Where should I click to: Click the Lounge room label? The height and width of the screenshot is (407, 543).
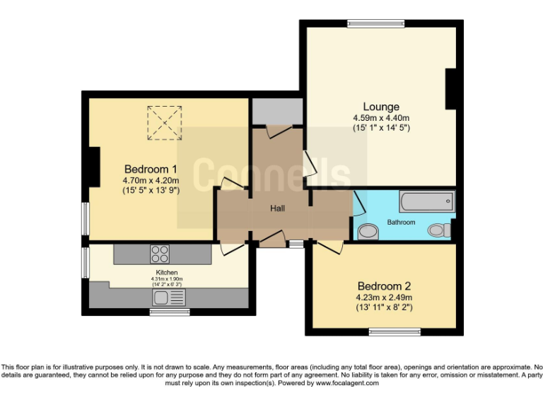pos(381,107)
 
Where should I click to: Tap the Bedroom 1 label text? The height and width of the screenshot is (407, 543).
pos(150,169)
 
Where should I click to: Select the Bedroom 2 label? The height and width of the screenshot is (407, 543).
pos(384,286)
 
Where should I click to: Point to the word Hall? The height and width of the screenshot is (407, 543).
pos(277,208)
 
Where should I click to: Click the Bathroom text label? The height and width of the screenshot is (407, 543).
pos(401,222)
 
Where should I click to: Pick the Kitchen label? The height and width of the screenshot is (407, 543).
pos(167,272)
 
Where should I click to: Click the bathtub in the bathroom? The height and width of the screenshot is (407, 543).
pos(426,202)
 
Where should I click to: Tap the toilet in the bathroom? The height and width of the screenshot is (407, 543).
pos(438,230)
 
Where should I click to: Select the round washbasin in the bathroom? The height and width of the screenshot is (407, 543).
pos(368,232)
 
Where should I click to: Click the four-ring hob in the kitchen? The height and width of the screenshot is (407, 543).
pos(160,253)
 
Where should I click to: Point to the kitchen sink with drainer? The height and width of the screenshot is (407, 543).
pos(168,297)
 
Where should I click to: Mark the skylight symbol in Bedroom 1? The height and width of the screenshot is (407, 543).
pos(165,122)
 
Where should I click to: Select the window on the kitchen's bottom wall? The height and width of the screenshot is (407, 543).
pos(170,311)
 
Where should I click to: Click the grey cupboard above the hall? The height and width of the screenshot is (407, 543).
pos(276,111)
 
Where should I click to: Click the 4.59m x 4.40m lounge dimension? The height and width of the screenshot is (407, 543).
pos(381,118)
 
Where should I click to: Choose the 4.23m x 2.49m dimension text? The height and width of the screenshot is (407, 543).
pos(384,297)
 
